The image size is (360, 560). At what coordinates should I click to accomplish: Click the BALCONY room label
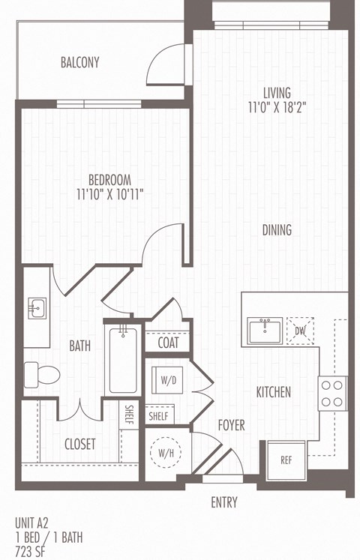pyautogui.click(x=79, y=63)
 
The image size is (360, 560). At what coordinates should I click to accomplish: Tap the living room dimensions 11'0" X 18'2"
pyautogui.click(x=278, y=107)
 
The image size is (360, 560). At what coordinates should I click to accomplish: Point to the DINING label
pyautogui.click(x=277, y=230)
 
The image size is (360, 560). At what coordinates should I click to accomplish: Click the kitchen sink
pyautogui.click(x=264, y=330)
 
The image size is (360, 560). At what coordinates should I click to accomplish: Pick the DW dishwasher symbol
pyautogui.click(x=300, y=330)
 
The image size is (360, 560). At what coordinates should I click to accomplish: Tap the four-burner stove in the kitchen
pyautogui.click(x=332, y=393)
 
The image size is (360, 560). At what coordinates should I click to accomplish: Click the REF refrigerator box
pyautogui.click(x=286, y=460)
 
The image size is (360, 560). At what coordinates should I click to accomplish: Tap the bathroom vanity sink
pyautogui.click(x=36, y=308)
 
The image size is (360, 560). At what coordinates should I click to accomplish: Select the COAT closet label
pyautogui.click(x=168, y=343)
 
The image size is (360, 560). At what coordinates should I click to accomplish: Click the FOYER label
pyautogui.click(x=231, y=425)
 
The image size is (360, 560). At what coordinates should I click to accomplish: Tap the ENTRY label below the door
pyautogui.click(x=223, y=502)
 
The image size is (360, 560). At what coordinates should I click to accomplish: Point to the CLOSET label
pyautogui.click(x=79, y=444)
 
